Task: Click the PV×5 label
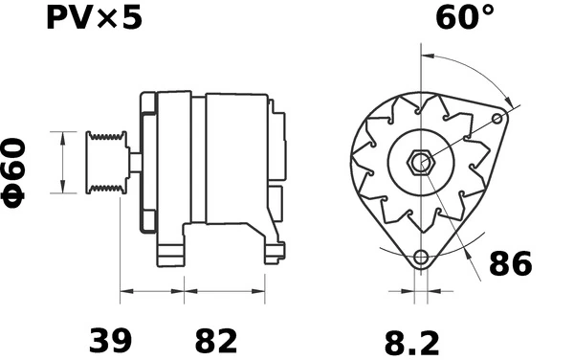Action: click(93, 18)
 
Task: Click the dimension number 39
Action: click(111, 339)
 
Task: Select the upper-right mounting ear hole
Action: click(497, 118)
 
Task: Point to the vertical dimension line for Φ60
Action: click(63, 161)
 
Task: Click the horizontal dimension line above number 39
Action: click(151, 289)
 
